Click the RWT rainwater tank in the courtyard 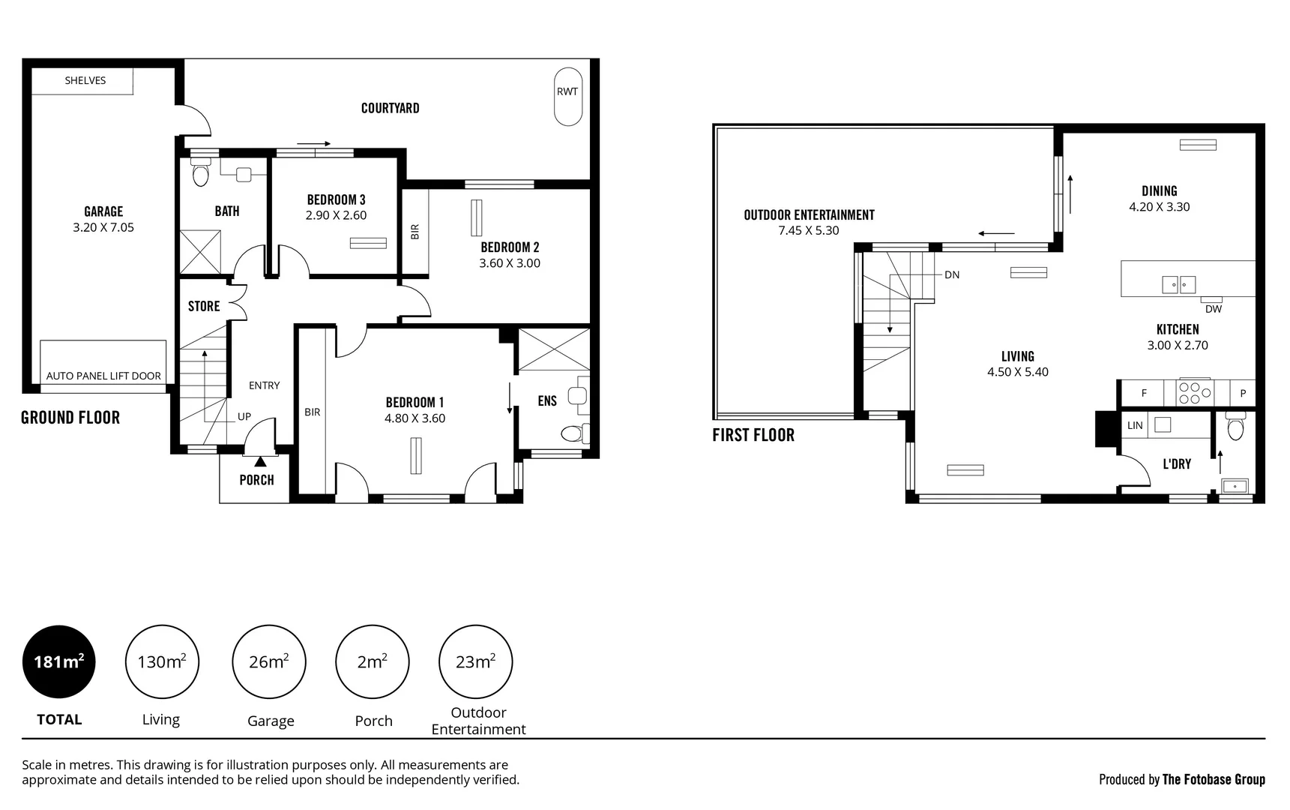pos(567,97)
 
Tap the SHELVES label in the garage pos(85,80)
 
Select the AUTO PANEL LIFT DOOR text pos(103,376)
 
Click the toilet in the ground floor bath pos(200,174)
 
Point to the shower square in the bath pos(200,252)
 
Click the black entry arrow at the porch pos(260,460)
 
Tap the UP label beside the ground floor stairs pos(244,416)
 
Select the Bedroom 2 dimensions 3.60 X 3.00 pos(510,263)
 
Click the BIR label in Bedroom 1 pos(312,412)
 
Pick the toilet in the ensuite pos(573,433)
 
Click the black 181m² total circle pos(58,661)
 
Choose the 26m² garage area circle pos(269,661)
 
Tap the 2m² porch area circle pos(373,661)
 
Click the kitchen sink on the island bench pos(1178,284)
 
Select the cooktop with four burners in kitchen pos(1195,393)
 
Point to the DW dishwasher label pos(1213,309)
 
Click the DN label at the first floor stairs pos(952,274)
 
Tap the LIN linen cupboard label pos(1135,425)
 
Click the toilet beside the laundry pos(1236,428)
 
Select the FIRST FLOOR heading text pos(753,435)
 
